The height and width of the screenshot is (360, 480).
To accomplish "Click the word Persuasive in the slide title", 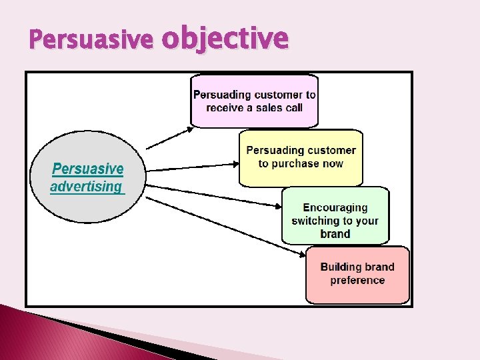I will click(91, 42).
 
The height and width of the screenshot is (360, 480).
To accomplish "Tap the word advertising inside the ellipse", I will click(86, 187).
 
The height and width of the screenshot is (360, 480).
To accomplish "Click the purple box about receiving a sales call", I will click(254, 101).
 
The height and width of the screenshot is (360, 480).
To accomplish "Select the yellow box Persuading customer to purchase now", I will click(301, 157).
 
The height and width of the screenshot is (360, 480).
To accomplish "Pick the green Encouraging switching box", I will click(335, 215).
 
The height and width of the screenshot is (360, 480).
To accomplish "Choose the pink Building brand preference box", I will click(357, 274).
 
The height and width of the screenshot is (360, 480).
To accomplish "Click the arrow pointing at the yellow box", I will click(193, 167).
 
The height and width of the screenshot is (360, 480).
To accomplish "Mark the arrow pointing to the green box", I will click(213, 193).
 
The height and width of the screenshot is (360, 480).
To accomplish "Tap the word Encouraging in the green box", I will click(335, 208).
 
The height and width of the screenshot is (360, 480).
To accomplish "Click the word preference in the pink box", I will click(357, 280).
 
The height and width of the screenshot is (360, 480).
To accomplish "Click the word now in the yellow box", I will click(331, 163).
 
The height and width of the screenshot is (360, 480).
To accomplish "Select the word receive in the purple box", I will click(227, 107).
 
